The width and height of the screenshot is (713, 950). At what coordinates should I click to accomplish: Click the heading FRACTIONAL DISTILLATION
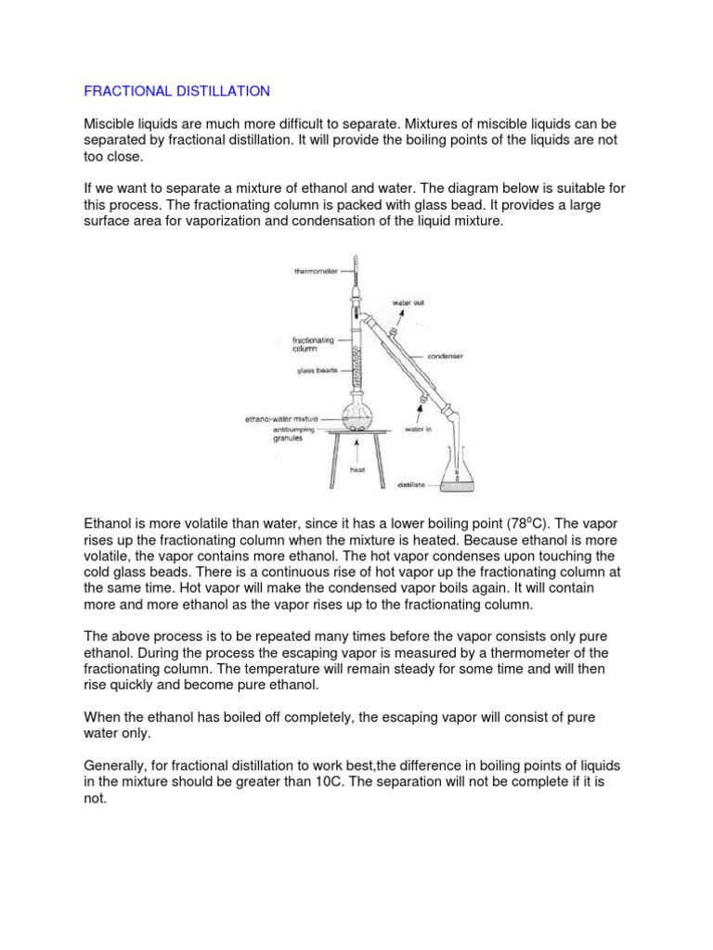coord(176,91)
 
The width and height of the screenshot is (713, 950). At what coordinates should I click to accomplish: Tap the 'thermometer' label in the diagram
coord(317,272)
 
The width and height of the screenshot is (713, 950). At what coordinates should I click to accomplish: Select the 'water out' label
coord(413,302)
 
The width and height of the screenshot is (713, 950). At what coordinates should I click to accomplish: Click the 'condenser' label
coord(447,355)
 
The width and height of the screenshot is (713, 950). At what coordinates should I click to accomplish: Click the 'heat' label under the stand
coord(357,469)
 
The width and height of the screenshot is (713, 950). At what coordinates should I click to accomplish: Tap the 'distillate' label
coord(412,483)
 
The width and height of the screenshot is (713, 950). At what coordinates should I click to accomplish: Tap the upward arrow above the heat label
coord(357,453)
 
